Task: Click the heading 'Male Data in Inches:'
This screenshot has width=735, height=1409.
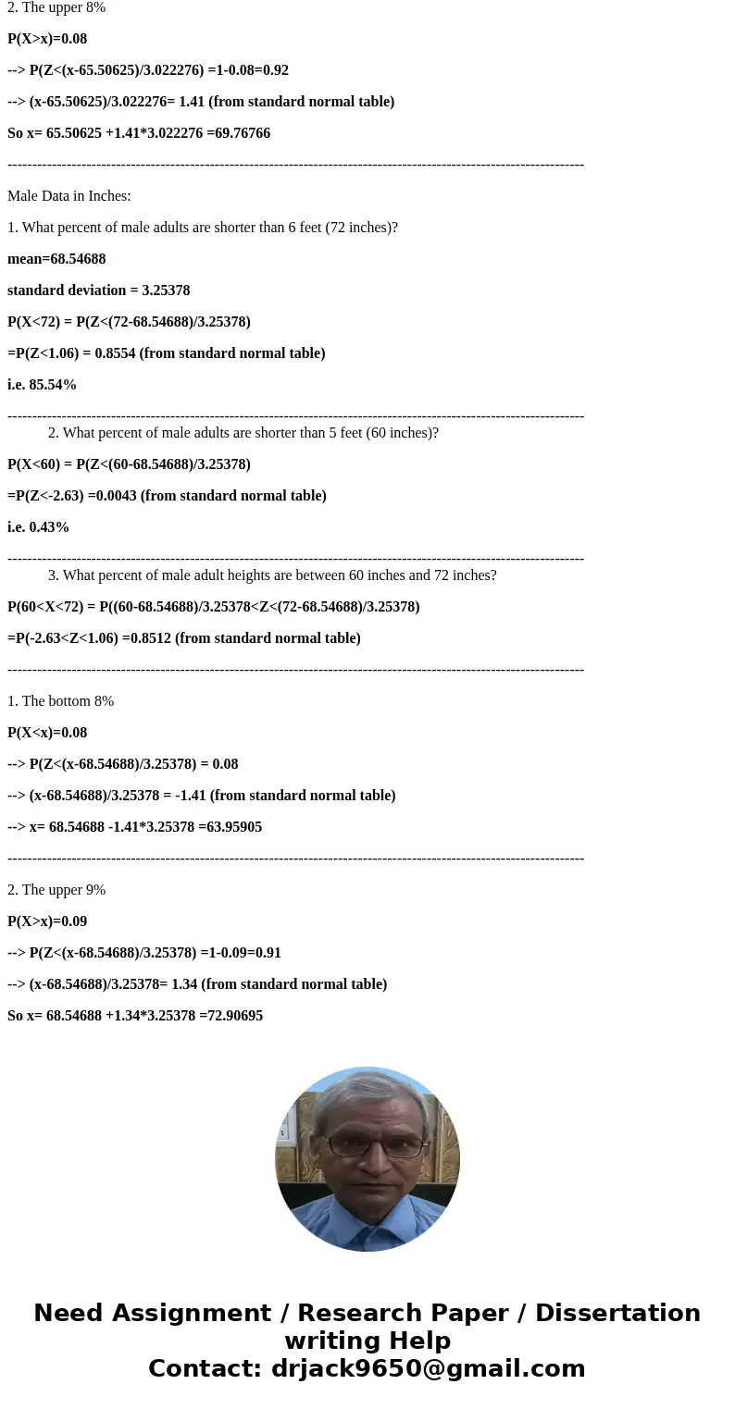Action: [x=69, y=196]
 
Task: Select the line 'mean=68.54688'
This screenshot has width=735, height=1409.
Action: [x=56, y=259]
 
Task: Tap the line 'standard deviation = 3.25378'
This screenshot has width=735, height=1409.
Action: [x=98, y=290]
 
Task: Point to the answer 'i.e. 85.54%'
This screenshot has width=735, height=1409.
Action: [x=42, y=385]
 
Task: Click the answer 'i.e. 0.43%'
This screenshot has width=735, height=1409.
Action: [x=38, y=527]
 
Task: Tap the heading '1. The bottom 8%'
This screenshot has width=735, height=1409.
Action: [x=60, y=701]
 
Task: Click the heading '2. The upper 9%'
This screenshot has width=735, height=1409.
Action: [x=56, y=890]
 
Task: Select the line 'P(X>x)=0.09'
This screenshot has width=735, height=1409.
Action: [x=47, y=921]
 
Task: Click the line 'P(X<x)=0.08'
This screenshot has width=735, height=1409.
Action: [x=47, y=733]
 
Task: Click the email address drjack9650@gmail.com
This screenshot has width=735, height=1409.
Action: [x=428, y=1369]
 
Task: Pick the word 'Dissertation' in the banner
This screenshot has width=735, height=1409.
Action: [x=617, y=1314]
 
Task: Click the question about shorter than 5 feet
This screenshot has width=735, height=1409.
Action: [x=243, y=433]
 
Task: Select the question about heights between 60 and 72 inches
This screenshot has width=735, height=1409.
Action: [x=272, y=575]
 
